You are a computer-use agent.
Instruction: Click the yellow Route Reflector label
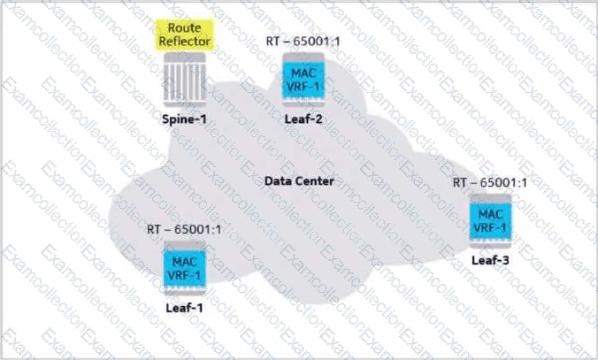click(x=185, y=34)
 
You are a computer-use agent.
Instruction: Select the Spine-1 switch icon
click(x=185, y=80)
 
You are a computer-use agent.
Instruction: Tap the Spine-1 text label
click(x=185, y=119)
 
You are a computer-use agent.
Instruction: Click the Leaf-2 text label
click(x=303, y=119)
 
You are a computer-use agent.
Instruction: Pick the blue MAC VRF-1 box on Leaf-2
click(x=303, y=80)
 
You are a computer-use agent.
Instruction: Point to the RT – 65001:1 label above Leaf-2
click(x=303, y=41)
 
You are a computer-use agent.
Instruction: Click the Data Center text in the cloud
click(x=299, y=180)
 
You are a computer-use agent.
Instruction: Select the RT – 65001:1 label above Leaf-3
click(x=490, y=183)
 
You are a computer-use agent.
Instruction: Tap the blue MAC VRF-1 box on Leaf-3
click(x=490, y=221)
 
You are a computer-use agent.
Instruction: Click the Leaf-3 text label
click(x=490, y=260)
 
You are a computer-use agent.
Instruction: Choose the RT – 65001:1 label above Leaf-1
click(x=184, y=229)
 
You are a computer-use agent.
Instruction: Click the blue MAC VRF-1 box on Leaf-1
click(x=185, y=268)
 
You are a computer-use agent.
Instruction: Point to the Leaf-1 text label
click(x=184, y=308)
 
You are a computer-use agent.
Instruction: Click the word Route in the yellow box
click(x=185, y=27)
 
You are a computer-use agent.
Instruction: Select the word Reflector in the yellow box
click(x=185, y=42)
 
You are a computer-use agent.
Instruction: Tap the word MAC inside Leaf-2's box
click(x=303, y=73)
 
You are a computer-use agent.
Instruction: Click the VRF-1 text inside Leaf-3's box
click(x=490, y=228)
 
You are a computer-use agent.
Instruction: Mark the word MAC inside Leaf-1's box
click(x=185, y=262)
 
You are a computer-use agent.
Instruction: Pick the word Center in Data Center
click(x=314, y=180)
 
